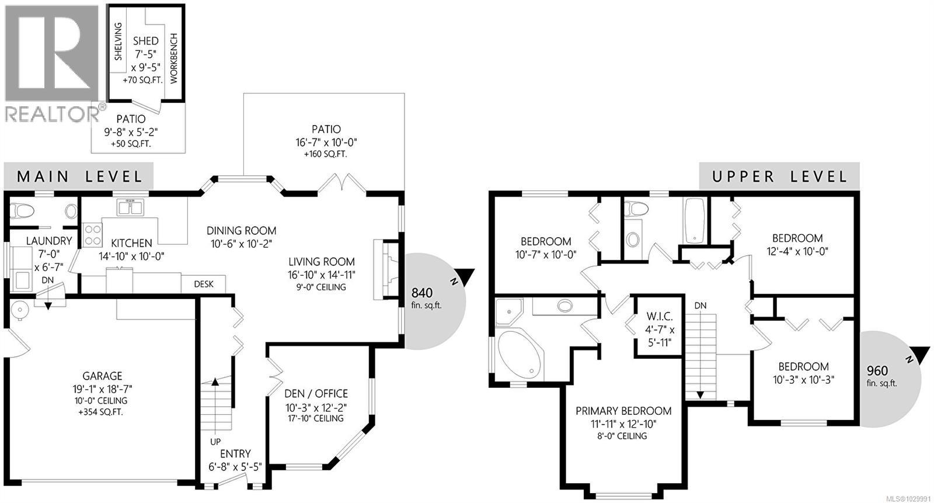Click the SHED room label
coord(145,41)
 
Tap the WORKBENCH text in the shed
coord(173,58)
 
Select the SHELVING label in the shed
coord(119,41)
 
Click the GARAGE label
coord(102,376)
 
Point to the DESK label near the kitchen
coord(203,285)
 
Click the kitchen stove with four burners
coord(92,235)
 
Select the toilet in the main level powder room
coord(22,211)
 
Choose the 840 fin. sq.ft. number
coord(421,293)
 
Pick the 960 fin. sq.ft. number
coord(877,371)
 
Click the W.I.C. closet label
coord(660,317)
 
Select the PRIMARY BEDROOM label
coord(623,411)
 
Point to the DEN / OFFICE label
coord(316,394)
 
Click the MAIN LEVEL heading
coord(79,176)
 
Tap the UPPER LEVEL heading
coord(779,176)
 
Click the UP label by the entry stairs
coord(215,442)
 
